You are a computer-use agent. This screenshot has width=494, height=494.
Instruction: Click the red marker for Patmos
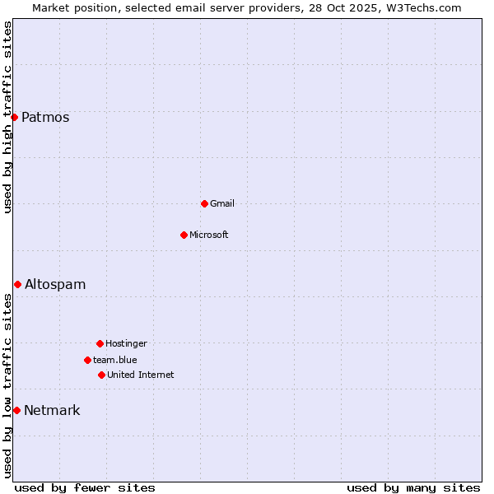14,117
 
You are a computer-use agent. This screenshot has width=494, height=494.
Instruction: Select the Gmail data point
204,203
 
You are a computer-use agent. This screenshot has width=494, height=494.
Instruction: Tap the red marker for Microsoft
184,235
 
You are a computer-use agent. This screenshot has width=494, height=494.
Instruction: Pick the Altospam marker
17,284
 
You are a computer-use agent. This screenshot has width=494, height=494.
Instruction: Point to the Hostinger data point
100,343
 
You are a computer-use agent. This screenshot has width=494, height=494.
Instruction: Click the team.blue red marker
87,360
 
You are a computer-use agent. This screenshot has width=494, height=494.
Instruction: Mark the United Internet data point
101,375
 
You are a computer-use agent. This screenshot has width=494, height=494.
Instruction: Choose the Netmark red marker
16,410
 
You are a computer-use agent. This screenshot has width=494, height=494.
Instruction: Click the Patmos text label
45,117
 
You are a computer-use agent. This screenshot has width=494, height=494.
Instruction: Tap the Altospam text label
55,284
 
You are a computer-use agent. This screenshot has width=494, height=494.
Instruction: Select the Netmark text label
52,410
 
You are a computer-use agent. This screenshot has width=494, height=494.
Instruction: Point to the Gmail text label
222,203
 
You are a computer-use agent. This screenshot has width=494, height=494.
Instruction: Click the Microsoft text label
209,235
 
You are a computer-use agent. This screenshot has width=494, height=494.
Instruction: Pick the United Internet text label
141,375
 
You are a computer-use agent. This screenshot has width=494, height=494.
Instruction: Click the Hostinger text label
126,343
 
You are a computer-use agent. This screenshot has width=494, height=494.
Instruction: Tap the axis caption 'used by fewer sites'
85,487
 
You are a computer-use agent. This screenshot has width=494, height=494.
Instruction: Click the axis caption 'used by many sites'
413,487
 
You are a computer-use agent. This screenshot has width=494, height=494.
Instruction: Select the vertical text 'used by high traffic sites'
7,117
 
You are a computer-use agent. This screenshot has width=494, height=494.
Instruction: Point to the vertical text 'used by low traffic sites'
7,385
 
